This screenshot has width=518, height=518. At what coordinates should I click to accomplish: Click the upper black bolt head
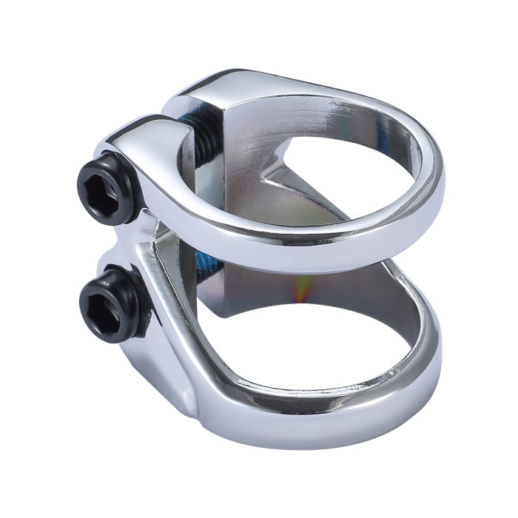click(x=107, y=186)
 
